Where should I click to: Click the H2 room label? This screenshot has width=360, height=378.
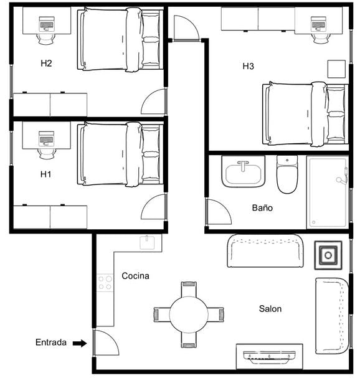[46, 64]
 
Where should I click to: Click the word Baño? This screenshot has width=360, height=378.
[262, 208]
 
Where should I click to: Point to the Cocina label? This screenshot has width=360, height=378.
[135, 276]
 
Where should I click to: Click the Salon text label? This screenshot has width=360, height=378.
[270, 309]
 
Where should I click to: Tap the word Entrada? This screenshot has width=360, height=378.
[50, 343]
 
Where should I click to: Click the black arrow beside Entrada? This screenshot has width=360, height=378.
[79, 343]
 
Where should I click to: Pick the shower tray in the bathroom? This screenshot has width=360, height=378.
[327, 192]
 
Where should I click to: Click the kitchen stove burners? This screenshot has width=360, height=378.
[105, 283]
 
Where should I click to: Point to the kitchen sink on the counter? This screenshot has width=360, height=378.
[147, 242]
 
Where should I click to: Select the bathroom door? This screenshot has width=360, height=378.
[217, 213]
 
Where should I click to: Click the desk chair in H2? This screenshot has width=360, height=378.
[46, 38]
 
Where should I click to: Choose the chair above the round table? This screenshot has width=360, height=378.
[189, 289]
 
